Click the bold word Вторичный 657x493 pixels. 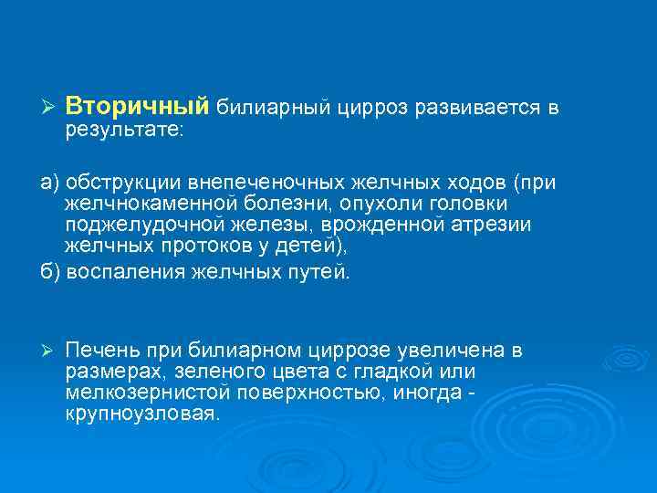coord(137,107)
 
